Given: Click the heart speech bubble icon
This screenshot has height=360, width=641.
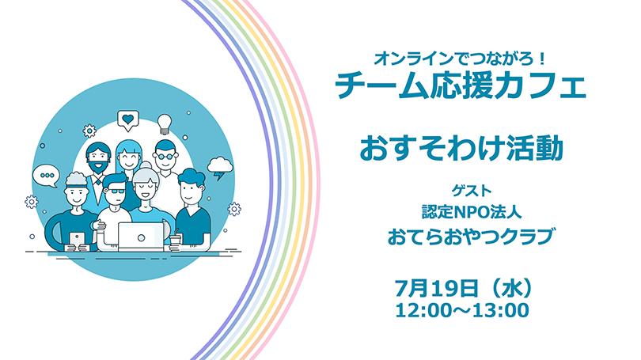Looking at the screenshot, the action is coord(128,120).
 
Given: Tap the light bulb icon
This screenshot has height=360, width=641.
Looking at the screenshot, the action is coord(165,123).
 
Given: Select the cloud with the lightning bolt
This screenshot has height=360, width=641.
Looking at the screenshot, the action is coord(220,168).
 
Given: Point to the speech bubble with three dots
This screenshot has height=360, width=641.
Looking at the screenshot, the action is coord(46,176).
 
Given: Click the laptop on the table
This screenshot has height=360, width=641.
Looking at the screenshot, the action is coord(141,237).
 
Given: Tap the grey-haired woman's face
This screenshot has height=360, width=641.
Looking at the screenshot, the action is coord(145,188).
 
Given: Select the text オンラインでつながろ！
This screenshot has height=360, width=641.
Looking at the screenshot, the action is coord(461,59).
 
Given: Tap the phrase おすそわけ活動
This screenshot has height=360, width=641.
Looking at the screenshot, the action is coord(461,148).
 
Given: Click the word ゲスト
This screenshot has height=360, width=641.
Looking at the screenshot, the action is coord(472,190).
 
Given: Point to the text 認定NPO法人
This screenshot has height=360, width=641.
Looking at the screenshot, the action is coord(472,212).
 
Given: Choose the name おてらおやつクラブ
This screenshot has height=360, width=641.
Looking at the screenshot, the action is coord(472,237).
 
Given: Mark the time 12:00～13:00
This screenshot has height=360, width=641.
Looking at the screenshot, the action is coord(462,310).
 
